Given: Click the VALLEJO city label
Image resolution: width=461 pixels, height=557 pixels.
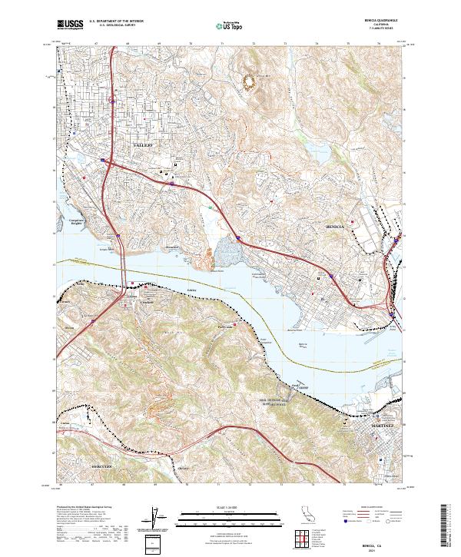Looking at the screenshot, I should pyautogui.click(x=143, y=144).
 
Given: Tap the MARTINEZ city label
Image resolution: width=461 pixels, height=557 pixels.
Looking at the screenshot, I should pyautogui.click(x=381, y=425).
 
